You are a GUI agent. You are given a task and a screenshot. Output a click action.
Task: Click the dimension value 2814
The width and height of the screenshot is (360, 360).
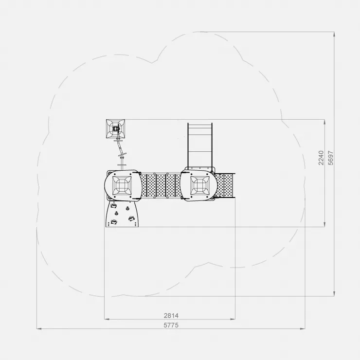pos(171,315)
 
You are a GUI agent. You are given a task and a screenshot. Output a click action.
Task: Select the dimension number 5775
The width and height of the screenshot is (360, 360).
pos(171,325)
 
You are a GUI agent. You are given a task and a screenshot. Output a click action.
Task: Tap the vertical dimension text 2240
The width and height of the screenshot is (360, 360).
pos(321,158)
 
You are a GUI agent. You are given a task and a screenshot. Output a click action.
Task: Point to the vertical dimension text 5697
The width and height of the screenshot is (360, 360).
pos(331,158)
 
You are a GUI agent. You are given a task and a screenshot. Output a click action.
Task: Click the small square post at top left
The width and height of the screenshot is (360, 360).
pos(115,129)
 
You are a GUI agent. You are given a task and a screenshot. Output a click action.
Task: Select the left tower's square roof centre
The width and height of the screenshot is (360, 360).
pos(122,185)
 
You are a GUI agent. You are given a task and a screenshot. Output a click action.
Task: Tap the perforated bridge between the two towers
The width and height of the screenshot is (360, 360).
pos(161,185)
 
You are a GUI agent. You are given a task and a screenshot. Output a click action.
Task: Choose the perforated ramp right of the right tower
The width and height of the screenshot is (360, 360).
pos(225,185)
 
